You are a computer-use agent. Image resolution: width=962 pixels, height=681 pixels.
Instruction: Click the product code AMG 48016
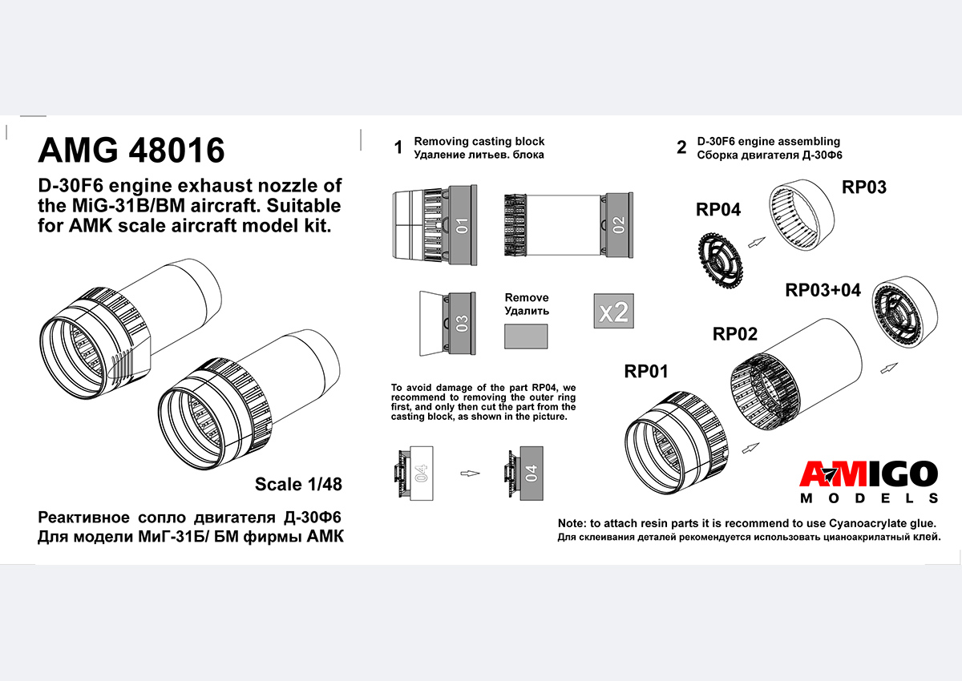pos(131,151)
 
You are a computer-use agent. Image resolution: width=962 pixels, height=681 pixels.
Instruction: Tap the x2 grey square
pos(613,310)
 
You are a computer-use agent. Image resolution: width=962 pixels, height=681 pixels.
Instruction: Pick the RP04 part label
pos(718,210)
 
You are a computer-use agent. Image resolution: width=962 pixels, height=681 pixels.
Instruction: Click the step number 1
pos(398,148)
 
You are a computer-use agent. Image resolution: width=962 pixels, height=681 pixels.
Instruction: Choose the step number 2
pos(681,148)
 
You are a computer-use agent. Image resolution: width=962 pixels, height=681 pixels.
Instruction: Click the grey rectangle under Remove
pos(526,336)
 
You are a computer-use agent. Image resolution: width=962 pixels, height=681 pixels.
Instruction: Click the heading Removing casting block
pos(479,142)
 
